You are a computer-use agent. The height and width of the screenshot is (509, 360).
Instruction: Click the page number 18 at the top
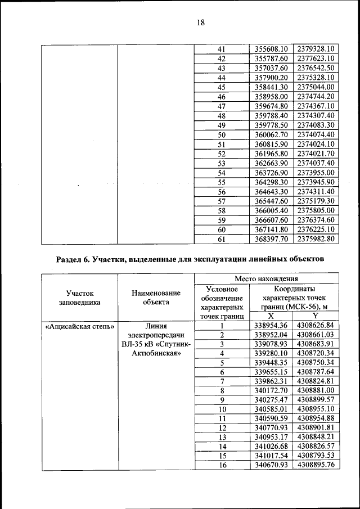click(201, 23)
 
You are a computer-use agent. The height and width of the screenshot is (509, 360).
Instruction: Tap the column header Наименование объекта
click(156, 298)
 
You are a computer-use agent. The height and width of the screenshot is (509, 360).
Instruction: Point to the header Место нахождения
click(266, 278)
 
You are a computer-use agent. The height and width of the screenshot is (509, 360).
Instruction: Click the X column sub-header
click(271, 317)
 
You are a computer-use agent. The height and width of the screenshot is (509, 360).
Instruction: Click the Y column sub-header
click(316, 317)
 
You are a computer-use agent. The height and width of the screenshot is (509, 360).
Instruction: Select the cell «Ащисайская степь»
click(79, 326)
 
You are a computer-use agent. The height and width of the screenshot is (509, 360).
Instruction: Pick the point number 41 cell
click(221, 49)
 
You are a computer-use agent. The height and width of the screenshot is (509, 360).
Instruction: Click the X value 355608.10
click(271, 49)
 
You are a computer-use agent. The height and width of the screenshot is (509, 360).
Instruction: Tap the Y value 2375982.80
click(316, 239)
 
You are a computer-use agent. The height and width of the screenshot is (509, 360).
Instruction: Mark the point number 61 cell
click(221, 239)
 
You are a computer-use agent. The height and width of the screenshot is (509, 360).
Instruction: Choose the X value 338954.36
click(271, 326)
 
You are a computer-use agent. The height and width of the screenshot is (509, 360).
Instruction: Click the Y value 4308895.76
click(316, 465)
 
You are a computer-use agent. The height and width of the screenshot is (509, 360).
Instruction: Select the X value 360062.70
click(271, 134)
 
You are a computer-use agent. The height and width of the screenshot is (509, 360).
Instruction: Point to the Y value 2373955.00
click(316, 173)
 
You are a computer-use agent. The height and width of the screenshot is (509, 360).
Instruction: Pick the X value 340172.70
click(271, 390)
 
